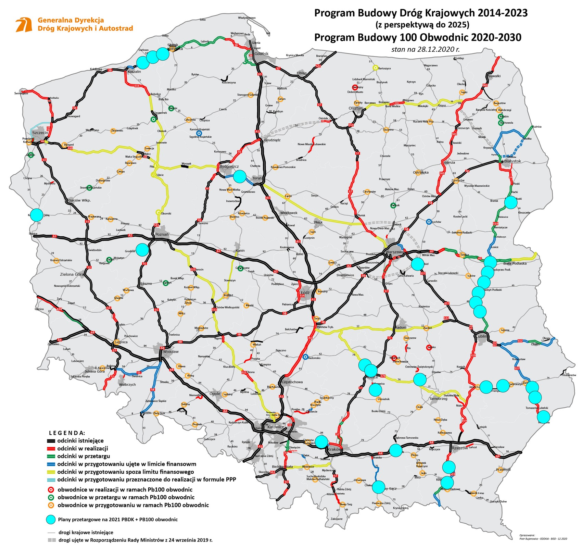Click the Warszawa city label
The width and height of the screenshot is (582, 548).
tap(395, 252)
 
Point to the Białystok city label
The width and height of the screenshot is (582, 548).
tap(513, 161)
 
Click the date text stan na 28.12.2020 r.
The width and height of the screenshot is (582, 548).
tap(425, 49)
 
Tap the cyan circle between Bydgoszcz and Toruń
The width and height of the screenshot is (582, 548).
tap(240, 177)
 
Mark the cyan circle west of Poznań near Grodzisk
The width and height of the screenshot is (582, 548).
tap(143, 250)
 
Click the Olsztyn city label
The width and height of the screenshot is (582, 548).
tap(355, 108)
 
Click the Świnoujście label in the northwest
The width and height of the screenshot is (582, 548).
tap(21, 93)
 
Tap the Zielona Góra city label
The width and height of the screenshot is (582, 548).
tap(72, 274)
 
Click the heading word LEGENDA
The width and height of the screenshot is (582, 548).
tap(67, 433)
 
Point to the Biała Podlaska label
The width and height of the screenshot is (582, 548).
tap(515, 263)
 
